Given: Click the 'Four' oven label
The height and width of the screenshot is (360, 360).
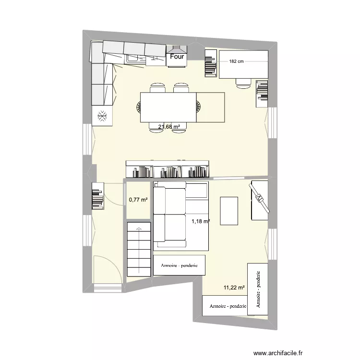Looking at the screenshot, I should click(x=177, y=57).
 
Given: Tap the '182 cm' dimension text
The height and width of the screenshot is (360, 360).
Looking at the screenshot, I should click(x=237, y=61).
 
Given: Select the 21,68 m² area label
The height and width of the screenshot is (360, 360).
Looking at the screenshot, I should click(x=169, y=127).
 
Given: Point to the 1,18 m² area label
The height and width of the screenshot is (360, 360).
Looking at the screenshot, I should click(x=201, y=221).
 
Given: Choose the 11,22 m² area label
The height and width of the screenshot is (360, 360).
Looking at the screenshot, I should click(x=234, y=288).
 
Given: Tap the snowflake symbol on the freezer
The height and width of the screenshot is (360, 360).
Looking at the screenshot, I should click(x=102, y=115).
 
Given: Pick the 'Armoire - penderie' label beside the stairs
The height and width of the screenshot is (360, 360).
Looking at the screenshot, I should click(x=179, y=265).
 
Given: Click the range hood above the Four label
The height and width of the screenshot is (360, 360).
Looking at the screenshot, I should click(x=177, y=48).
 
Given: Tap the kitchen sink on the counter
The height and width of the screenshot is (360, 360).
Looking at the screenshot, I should click(x=136, y=59).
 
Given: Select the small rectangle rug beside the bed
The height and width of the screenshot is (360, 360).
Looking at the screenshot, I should click(x=229, y=211).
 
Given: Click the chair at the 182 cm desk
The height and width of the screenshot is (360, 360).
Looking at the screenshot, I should click(x=243, y=83).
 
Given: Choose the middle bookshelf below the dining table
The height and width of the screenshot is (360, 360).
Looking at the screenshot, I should click(x=168, y=171).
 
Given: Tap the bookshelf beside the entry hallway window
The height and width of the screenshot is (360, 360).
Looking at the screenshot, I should click(x=97, y=195).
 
